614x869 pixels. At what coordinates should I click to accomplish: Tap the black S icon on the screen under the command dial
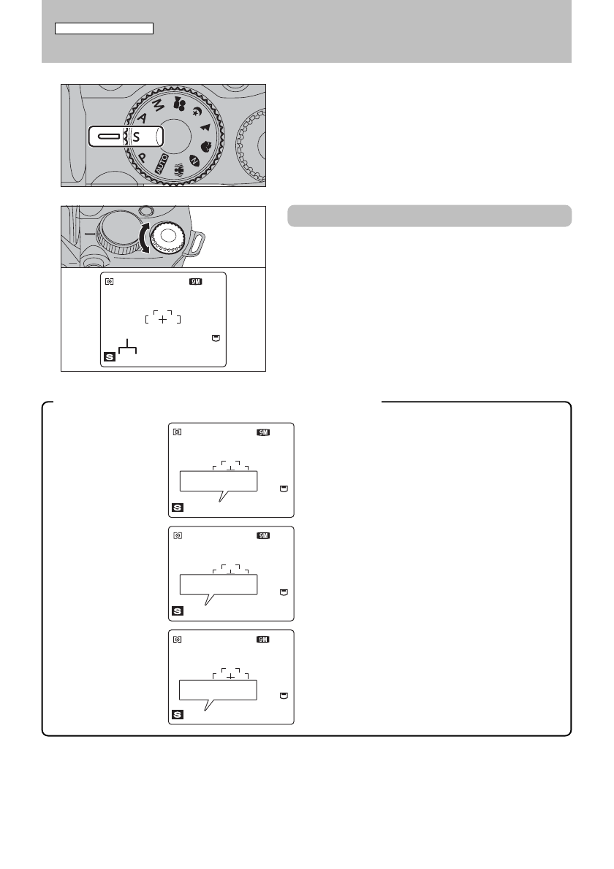click(110, 357)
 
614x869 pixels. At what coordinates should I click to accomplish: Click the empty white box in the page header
click(105, 28)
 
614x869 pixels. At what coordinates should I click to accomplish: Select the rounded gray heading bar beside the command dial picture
click(430, 215)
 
